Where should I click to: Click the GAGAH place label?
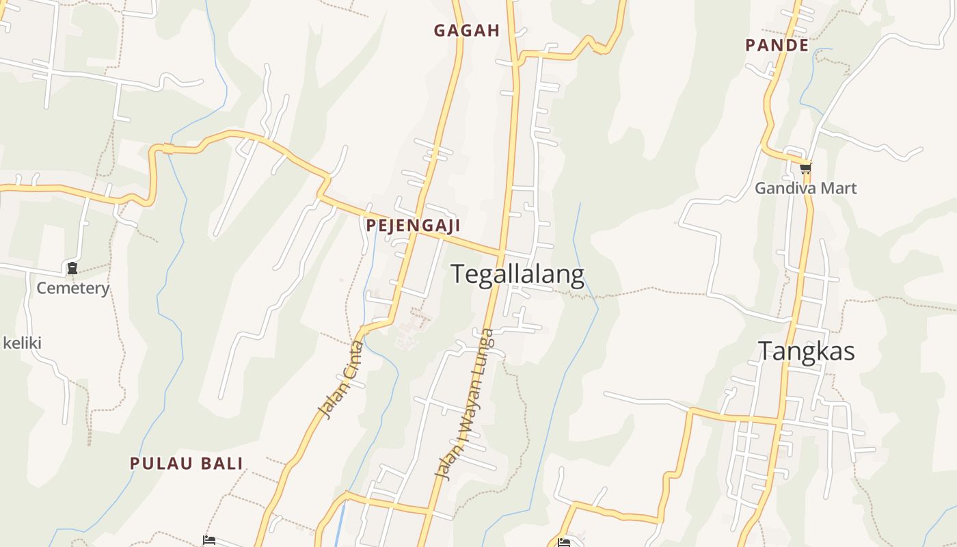pos(467,30)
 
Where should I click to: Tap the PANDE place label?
pos(777,45)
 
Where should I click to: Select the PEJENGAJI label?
pos(412,225)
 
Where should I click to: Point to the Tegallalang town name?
pos(517,275)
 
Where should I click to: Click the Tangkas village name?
pos(807,351)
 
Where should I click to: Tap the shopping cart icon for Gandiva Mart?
pos(806,168)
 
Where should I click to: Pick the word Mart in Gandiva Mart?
pos(839,188)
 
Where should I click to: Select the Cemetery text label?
pos(72,288)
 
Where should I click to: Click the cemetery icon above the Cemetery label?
pos(72,268)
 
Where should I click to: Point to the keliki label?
pos(23,343)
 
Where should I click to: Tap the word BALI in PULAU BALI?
pos(221,463)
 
